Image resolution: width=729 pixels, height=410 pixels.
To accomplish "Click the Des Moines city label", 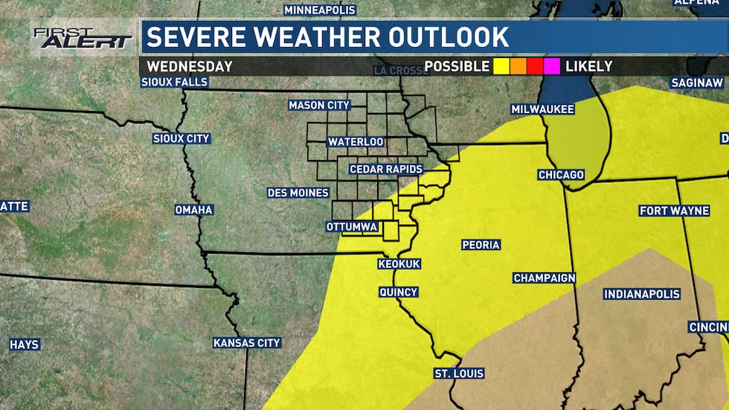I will pyautogui.click(x=298, y=193).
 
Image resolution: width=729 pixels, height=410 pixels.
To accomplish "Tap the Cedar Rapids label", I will pyautogui.click(x=385, y=169).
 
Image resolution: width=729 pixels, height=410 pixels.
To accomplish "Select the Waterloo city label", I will pyautogui.click(x=356, y=141).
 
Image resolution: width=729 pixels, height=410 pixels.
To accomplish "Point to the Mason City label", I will pyautogui.click(x=318, y=106).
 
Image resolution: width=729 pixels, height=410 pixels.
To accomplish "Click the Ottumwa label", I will pyautogui.click(x=352, y=226).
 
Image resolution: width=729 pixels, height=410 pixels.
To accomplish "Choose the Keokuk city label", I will pyautogui.click(x=399, y=264).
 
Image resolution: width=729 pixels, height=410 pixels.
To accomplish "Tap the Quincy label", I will pyautogui.click(x=398, y=292).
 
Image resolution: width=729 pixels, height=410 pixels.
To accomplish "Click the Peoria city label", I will pyautogui.click(x=481, y=244).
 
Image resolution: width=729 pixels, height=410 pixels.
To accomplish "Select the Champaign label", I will pyautogui.click(x=544, y=278).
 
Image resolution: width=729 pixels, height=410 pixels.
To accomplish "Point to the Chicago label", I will pyautogui.click(x=561, y=175).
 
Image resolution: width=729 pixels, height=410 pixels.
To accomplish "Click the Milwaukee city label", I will pyautogui.click(x=542, y=109).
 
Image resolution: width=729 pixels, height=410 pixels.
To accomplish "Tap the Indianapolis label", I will pyautogui.click(x=641, y=294).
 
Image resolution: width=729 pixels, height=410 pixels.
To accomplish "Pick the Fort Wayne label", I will pyautogui.click(x=674, y=211).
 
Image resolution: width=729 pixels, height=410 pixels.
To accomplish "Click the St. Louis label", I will pyautogui.click(x=459, y=373).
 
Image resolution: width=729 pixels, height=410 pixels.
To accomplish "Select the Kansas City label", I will pyautogui.click(x=246, y=343).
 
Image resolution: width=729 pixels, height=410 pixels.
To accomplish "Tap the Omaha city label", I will pyautogui.click(x=193, y=210).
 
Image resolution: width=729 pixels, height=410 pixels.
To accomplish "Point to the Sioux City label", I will pyautogui.click(x=181, y=138).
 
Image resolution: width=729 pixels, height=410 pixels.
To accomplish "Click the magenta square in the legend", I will pyautogui.click(x=551, y=66).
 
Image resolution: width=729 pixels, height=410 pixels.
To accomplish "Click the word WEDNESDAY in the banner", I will pyautogui.click(x=189, y=66).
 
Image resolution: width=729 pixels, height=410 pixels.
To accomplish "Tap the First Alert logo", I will pyautogui.click(x=82, y=38).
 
